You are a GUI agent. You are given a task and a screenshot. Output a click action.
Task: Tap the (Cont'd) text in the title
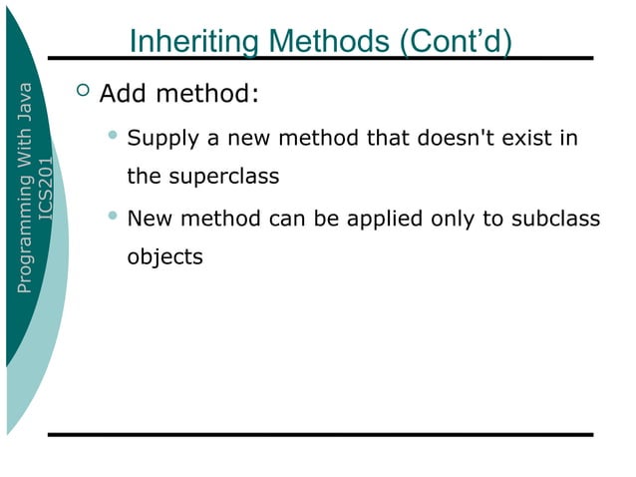(x=456, y=43)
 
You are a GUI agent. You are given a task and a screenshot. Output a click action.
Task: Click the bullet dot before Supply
(x=114, y=135)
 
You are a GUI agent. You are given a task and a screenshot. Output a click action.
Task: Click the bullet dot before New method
(x=114, y=215)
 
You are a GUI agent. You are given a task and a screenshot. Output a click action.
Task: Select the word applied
(x=384, y=218)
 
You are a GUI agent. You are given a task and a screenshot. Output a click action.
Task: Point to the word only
(x=454, y=218)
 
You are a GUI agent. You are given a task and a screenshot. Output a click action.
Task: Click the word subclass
(x=556, y=218)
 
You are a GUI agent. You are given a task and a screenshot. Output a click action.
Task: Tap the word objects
(x=164, y=257)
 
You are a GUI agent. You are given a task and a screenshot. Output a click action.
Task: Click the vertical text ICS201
(x=46, y=189)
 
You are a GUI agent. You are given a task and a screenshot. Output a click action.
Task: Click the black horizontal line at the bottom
(x=319, y=435)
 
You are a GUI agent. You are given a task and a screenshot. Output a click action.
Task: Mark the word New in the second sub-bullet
(x=149, y=218)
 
